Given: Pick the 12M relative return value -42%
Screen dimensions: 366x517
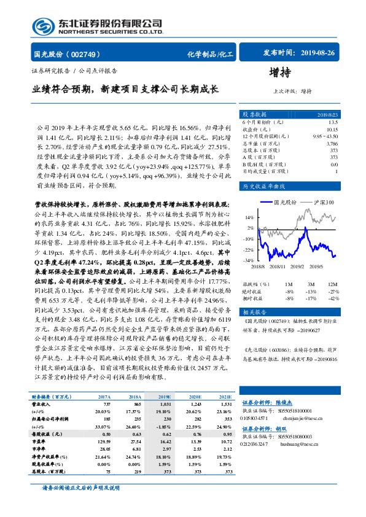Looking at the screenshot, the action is (332, 315).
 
